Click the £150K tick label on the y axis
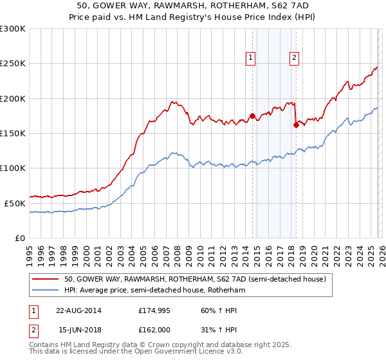pos(13,134)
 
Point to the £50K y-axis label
pos(15,203)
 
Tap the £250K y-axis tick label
pos(13,64)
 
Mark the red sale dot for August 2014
pos(252,116)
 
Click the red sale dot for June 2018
pos(296,125)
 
